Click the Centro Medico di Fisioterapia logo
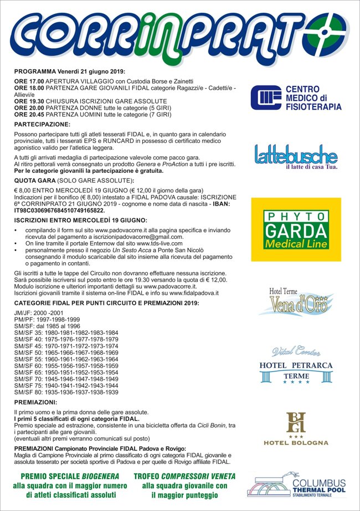(296, 97)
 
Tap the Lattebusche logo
(296, 156)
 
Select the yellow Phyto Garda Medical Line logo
(296, 229)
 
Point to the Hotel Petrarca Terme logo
(296, 365)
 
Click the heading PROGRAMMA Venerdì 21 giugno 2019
(70, 71)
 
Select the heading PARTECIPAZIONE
(42, 125)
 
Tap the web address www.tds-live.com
(163, 243)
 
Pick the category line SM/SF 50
(66, 352)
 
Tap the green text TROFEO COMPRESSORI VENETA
(184, 477)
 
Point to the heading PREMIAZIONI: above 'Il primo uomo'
(35, 402)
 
